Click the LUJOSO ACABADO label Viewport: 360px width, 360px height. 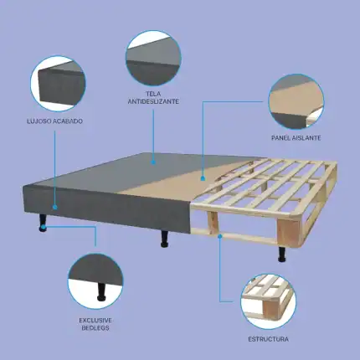pos(54,121)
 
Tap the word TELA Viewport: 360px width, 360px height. pos(153,94)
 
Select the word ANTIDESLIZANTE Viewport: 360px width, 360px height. pos(153,101)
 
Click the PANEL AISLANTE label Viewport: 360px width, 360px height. pos(296,138)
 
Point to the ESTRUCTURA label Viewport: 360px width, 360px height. pos(268,339)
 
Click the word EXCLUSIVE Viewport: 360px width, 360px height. pos(95,320)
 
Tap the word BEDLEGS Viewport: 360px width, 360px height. pos(95,327)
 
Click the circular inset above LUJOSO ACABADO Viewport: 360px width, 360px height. pos(58,84)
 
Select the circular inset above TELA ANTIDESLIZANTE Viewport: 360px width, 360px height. pos(153,58)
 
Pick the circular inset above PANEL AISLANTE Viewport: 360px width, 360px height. pos(296,101)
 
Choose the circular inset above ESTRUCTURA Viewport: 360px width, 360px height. pos(268,301)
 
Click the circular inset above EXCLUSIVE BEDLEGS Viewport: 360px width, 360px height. pos(95,281)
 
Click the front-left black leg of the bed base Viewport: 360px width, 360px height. pos(43,223)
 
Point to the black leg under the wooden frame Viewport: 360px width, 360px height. pos(282,255)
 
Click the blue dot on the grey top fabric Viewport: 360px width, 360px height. pos(153,162)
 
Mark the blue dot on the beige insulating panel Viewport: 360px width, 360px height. pos(203,177)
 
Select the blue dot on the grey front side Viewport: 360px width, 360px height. pos(55,207)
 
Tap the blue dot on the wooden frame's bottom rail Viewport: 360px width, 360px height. pos(220,236)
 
